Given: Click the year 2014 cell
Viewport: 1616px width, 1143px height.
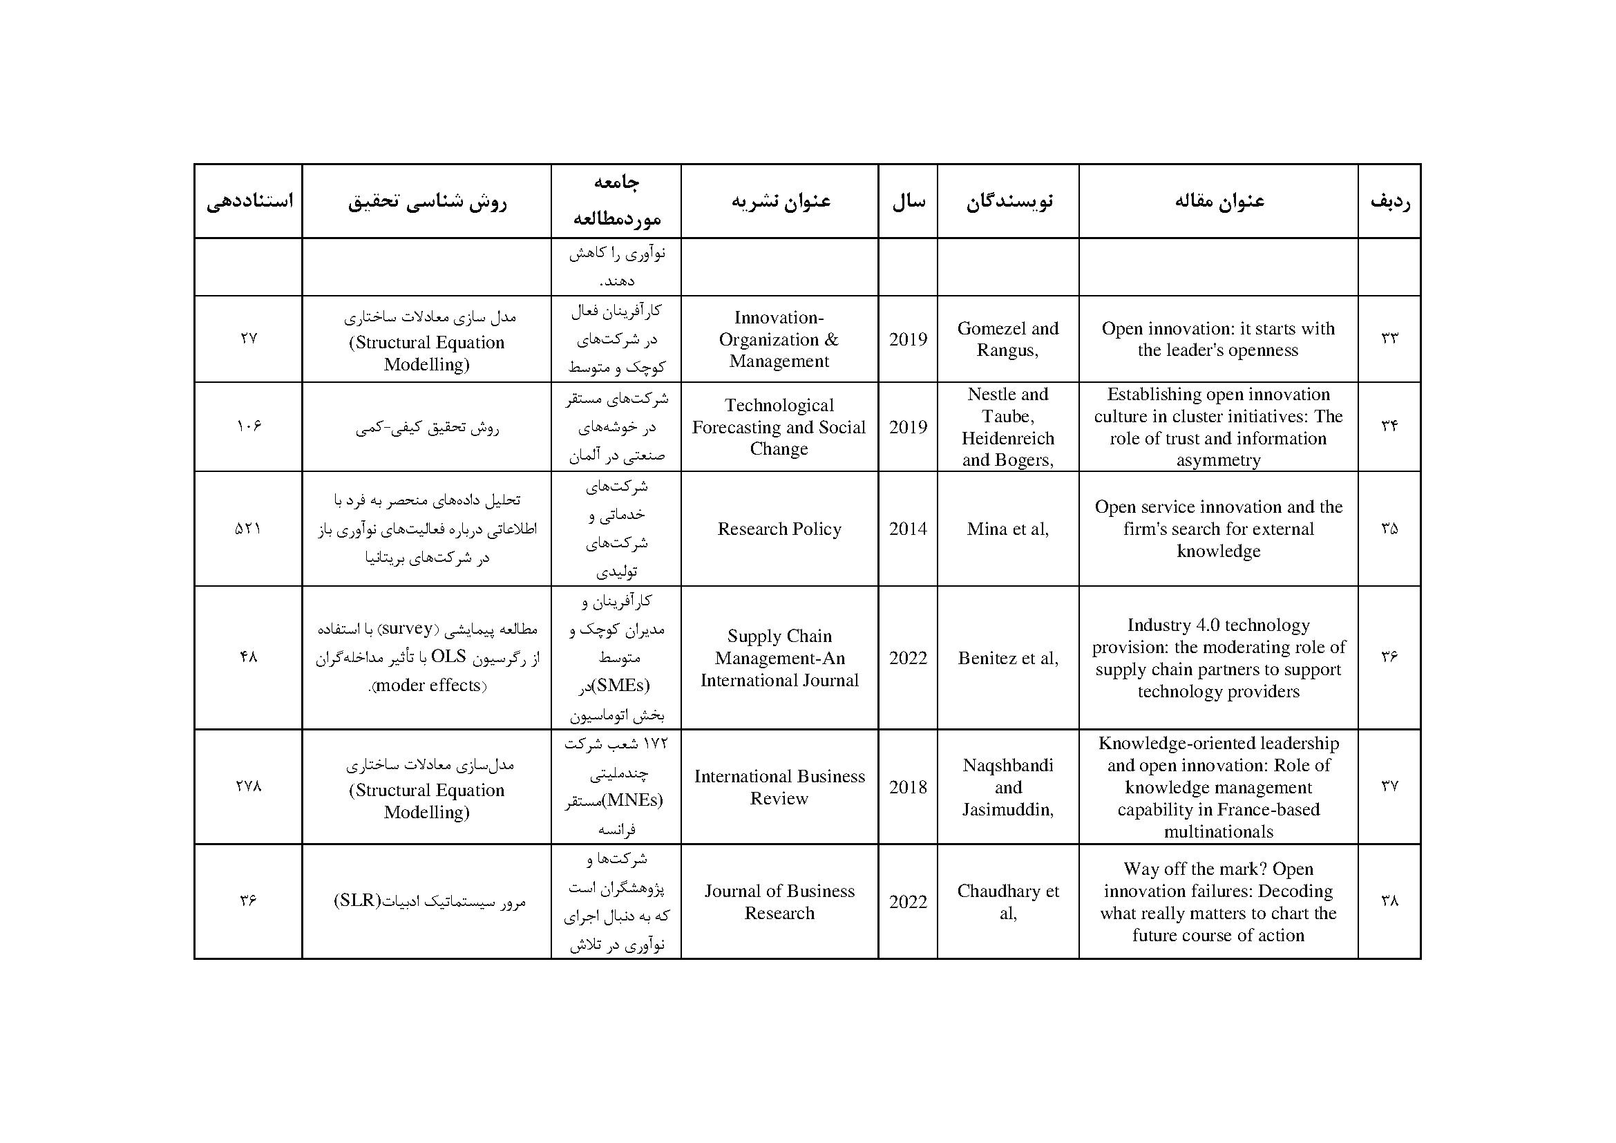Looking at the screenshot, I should tap(907, 529).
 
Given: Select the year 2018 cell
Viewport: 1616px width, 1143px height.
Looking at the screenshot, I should tap(907, 787).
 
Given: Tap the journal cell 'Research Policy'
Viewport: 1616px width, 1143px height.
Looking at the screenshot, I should tap(779, 529).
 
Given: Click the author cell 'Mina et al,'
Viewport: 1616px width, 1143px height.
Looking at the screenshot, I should tap(1007, 529).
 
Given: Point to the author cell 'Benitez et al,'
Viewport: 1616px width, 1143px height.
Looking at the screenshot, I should tap(1007, 657).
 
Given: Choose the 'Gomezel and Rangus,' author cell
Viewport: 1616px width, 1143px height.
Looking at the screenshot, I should tap(1007, 339).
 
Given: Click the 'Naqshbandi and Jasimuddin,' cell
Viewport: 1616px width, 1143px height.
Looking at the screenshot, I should tap(1007, 787).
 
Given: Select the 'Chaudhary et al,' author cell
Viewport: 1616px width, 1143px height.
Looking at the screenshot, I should tap(1007, 902).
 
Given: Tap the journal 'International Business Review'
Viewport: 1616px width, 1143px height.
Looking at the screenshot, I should tap(779, 787).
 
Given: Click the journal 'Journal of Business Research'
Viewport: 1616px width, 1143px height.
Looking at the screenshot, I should tap(779, 902).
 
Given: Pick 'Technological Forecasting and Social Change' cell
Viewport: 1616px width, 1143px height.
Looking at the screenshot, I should tap(779, 426).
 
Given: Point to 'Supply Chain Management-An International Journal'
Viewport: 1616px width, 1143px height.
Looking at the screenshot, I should tap(779, 657).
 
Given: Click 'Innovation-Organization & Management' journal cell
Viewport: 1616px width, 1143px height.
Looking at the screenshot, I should tap(779, 339).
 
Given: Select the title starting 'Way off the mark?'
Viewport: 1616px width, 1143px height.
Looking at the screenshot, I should tap(1217, 902).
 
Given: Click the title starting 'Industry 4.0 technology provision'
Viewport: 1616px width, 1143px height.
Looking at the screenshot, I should tap(1217, 657).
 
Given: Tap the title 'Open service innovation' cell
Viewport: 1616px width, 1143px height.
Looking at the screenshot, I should tap(1217, 529).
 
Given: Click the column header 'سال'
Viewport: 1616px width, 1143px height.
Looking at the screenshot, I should tap(908, 201).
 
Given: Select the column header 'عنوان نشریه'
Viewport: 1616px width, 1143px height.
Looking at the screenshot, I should tap(780, 201).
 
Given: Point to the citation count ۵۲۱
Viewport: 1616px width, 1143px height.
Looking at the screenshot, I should tap(248, 529).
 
